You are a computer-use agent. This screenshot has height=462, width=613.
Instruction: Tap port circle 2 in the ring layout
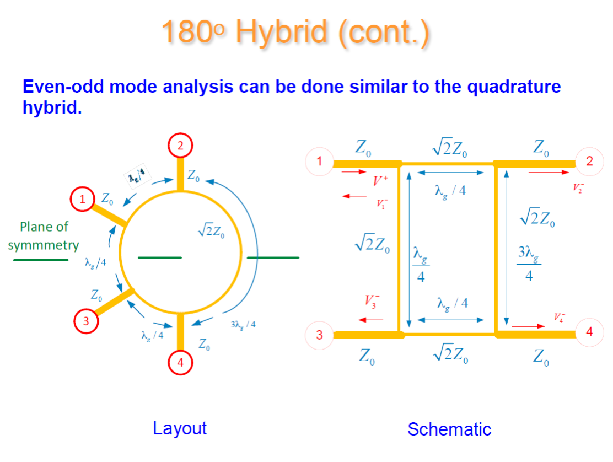coord(180,146)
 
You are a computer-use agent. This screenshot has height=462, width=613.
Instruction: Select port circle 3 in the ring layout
coord(86,321)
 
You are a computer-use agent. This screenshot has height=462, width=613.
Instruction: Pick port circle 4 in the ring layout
coord(180,362)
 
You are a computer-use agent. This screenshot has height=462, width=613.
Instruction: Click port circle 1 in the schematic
coord(319,162)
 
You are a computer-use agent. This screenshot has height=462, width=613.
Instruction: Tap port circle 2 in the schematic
coord(589,162)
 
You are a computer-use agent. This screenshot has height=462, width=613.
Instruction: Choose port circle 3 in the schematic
coord(319,335)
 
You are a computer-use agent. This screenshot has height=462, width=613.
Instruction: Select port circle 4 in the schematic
coord(589,332)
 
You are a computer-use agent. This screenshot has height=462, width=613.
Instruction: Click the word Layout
coord(180,428)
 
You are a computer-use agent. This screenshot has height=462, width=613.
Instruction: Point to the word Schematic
coord(449,429)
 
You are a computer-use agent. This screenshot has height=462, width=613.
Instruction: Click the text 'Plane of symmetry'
coord(43,236)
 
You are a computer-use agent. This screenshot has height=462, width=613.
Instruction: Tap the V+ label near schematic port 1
coord(381,180)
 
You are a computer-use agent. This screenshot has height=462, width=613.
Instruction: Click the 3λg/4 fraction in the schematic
coord(529,264)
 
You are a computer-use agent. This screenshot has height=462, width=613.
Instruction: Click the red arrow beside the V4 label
coord(528,326)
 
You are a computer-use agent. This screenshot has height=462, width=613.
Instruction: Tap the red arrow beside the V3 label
coord(370,319)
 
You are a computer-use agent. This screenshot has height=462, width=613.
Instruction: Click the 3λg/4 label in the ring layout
coord(243,324)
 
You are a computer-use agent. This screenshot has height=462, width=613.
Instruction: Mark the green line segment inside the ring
coord(159,257)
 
